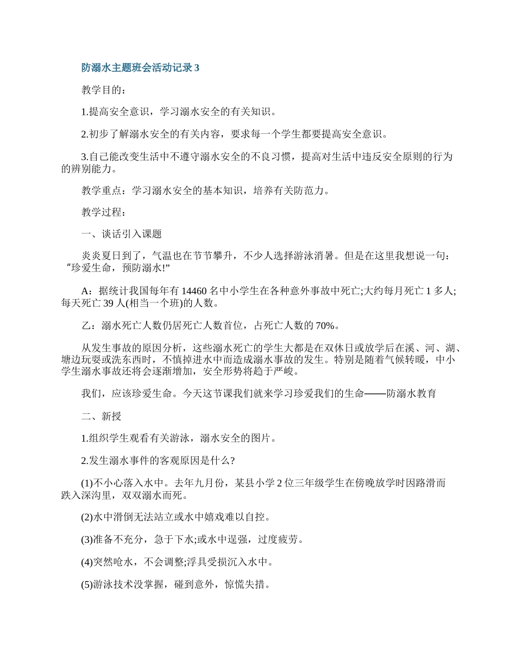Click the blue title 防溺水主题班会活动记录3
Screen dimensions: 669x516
click(141, 68)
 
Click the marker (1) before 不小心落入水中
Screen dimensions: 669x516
click(87, 482)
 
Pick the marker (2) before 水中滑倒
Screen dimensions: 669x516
click(87, 517)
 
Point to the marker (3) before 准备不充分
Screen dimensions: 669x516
click(87, 540)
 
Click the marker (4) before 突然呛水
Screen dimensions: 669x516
click(87, 562)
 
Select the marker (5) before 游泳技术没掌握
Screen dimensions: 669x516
click(87, 584)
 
